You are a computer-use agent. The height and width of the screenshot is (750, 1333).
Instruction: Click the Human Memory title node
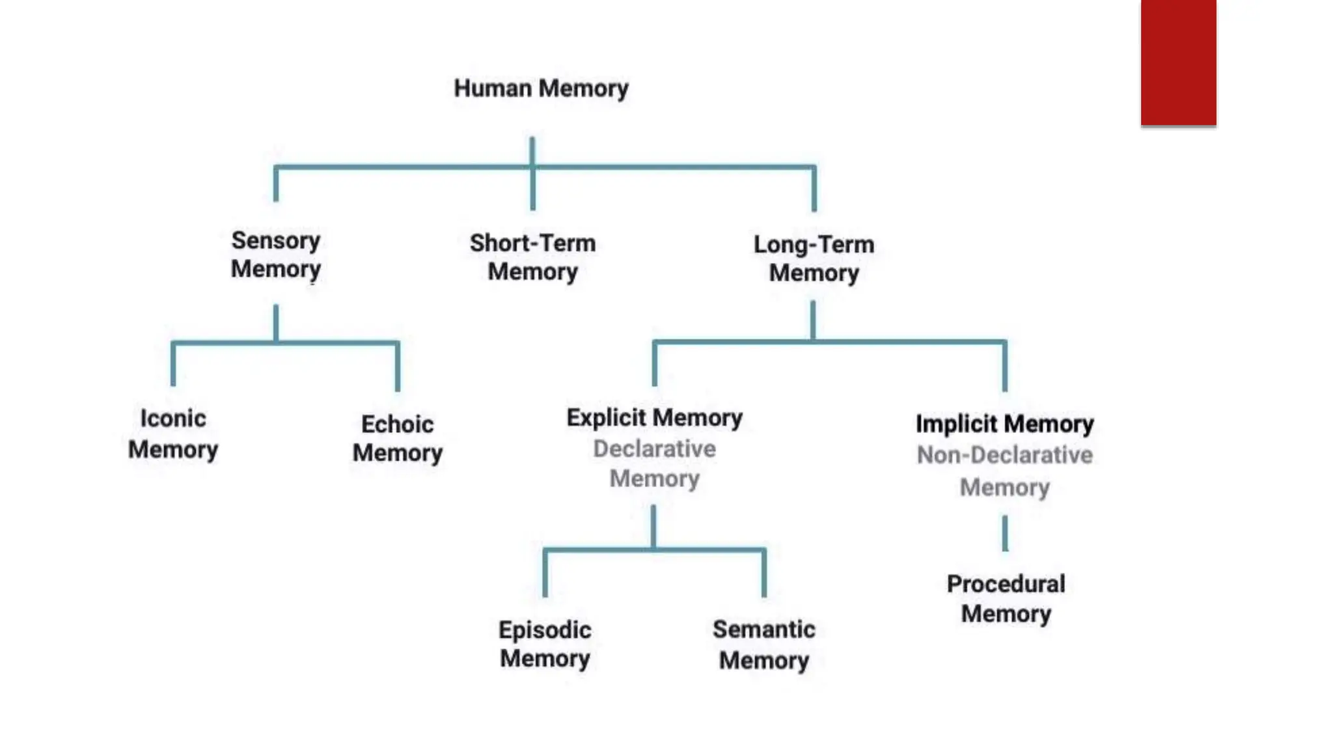(x=541, y=89)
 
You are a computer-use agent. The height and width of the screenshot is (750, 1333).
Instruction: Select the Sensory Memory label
(x=276, y=255)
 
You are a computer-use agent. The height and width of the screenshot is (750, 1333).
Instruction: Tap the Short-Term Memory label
(x=532, y=257)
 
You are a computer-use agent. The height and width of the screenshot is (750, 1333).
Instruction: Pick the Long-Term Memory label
(x=814, y=258)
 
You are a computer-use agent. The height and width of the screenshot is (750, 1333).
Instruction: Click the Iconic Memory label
(x=173, y=434)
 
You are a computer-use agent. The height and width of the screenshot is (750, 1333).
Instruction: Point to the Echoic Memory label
(x=397, y=438)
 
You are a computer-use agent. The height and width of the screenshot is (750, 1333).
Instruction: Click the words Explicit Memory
(x=654, y=418)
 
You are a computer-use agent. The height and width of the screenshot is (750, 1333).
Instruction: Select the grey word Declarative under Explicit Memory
(x=654, y=449)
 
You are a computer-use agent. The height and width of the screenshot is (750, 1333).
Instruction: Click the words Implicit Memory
(x=1004, y=424)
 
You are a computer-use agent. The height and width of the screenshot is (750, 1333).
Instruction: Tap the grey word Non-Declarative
(x=1004, y=455)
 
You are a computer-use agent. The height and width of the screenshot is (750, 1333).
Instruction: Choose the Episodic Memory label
(x=545, y=644)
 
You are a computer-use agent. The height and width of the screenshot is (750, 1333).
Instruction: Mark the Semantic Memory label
(x=763, y=645)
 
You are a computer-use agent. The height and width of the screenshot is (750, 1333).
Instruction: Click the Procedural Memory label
(x=1006, y=599)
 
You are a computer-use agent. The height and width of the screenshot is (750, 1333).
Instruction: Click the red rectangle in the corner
(x=1178, y=62)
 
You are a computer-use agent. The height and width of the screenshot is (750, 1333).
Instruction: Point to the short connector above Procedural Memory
(x=1005, y=533)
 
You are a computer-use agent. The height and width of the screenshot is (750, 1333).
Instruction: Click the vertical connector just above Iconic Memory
(x=173, y=365)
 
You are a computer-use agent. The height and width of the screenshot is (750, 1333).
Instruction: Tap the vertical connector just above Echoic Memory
(x=398, y=367)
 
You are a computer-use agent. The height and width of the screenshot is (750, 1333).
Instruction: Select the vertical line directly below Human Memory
(x=532, y=151)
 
